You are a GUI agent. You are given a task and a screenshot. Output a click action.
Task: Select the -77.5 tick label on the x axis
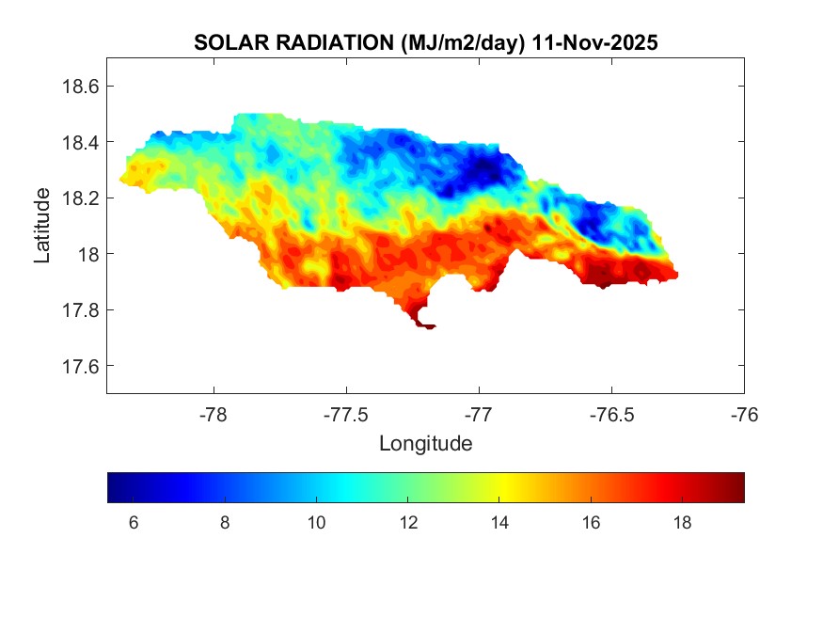click(x=347, y=415)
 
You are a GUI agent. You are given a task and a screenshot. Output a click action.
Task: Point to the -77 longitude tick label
click(x=480, y=415)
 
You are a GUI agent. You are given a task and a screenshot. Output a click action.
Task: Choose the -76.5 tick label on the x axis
click(x=612, y=415)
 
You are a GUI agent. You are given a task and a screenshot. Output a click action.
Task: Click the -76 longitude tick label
click(x=745, y=415)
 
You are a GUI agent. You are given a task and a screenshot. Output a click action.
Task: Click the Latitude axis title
click(x=41, y=226)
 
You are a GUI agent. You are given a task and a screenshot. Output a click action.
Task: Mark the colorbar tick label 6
click(x=133, y=523)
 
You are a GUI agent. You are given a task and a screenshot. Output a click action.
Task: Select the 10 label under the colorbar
click(x=316, y=523)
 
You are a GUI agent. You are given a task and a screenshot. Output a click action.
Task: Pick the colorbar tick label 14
click(x=500, y=523)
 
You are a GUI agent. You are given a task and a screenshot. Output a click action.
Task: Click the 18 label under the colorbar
click(x=684, y=523)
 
